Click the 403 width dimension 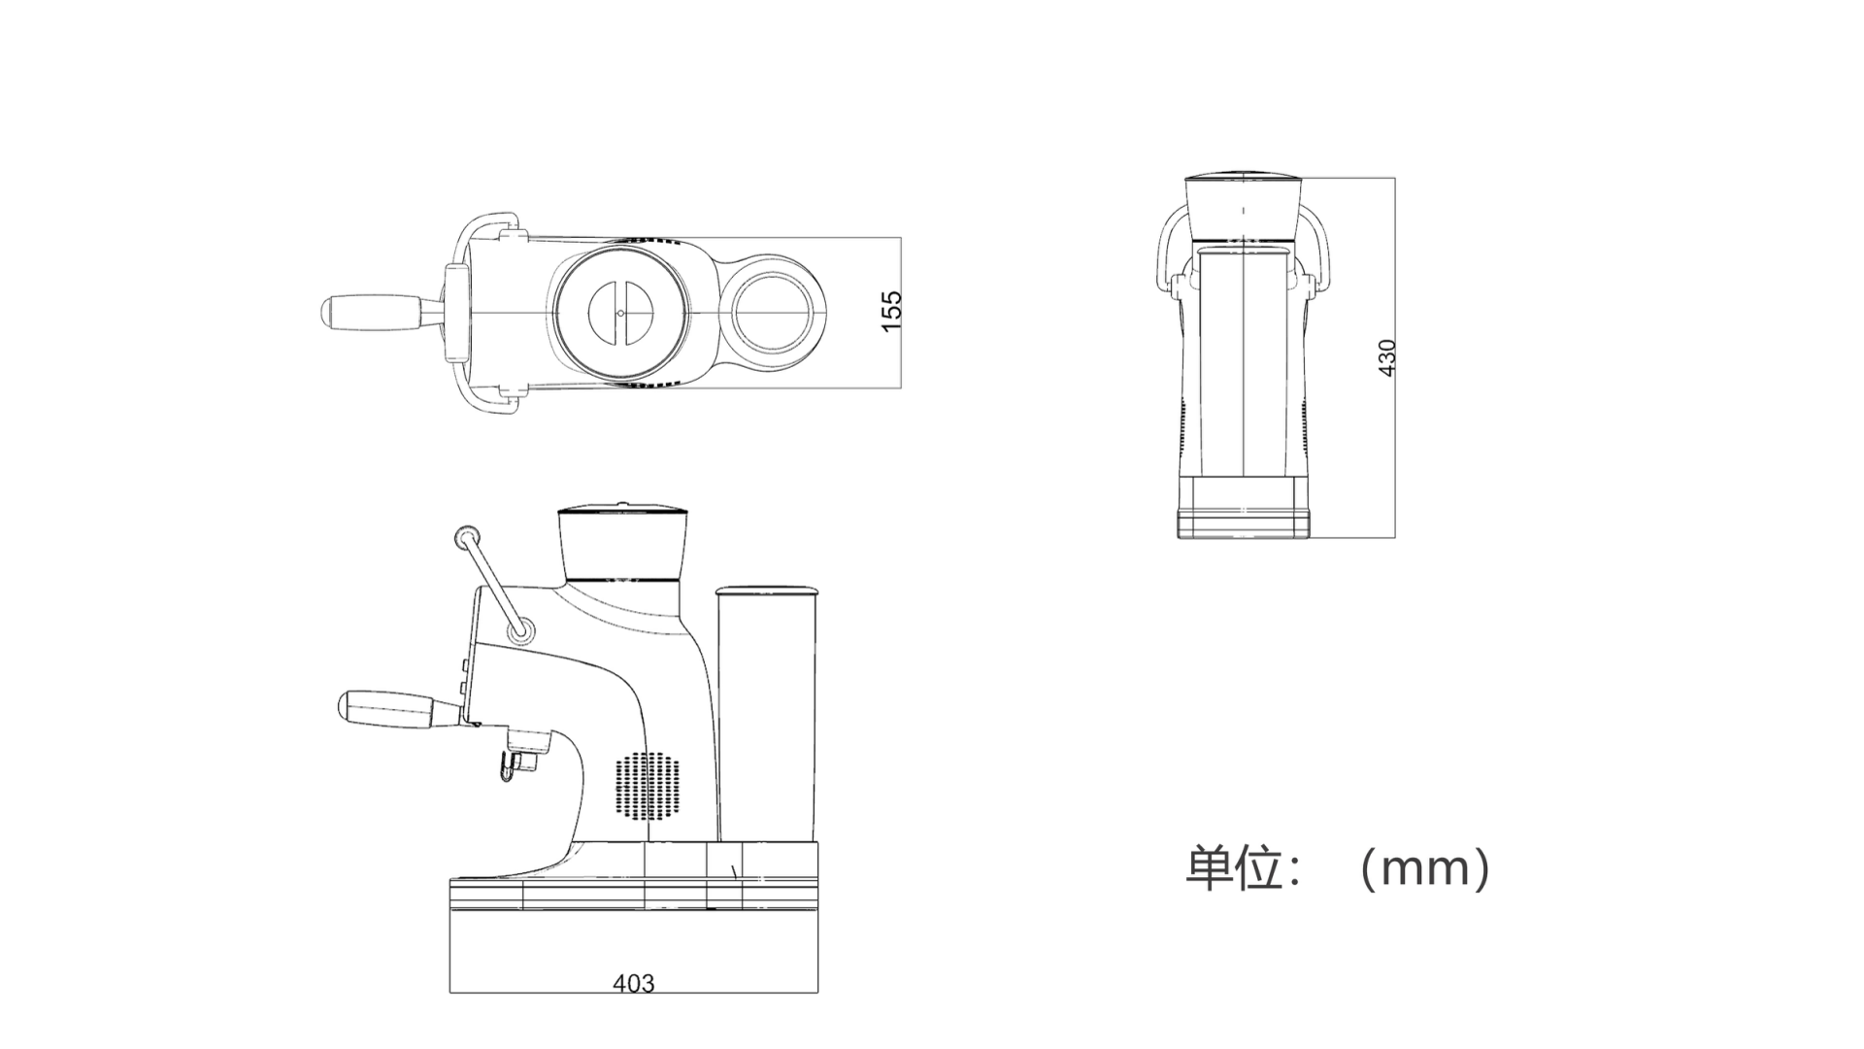633,983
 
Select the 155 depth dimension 891,311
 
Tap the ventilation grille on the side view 647,784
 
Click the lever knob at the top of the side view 467,535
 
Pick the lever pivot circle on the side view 521,630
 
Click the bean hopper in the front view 1243,209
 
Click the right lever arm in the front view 1324,253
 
